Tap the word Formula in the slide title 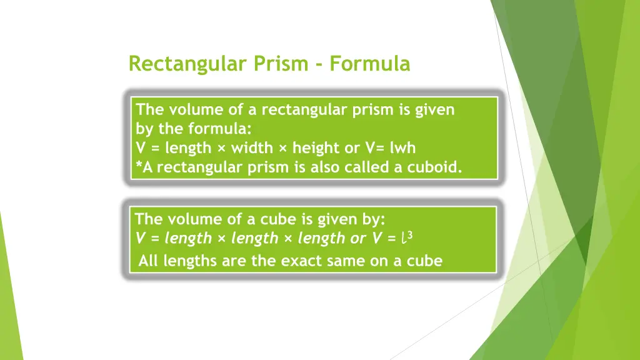tap(370, 64)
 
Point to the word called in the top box tap(368, 167)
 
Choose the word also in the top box tap(324, 167)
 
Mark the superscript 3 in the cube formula tap(411, 235)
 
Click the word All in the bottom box tap(149, 261)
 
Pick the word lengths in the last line tap(191, 261)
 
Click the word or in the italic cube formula tap(359, 238)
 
